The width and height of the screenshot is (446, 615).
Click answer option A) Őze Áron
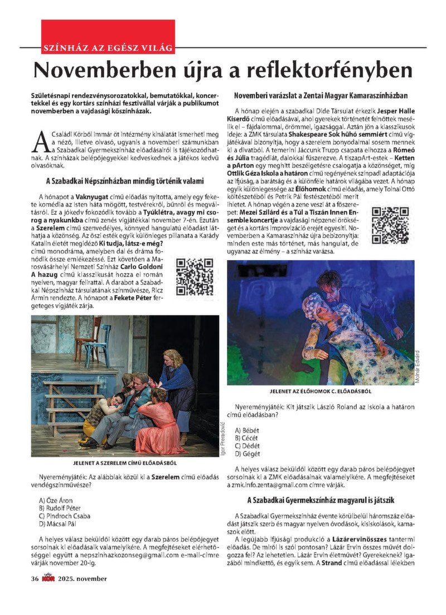coord(56,499)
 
